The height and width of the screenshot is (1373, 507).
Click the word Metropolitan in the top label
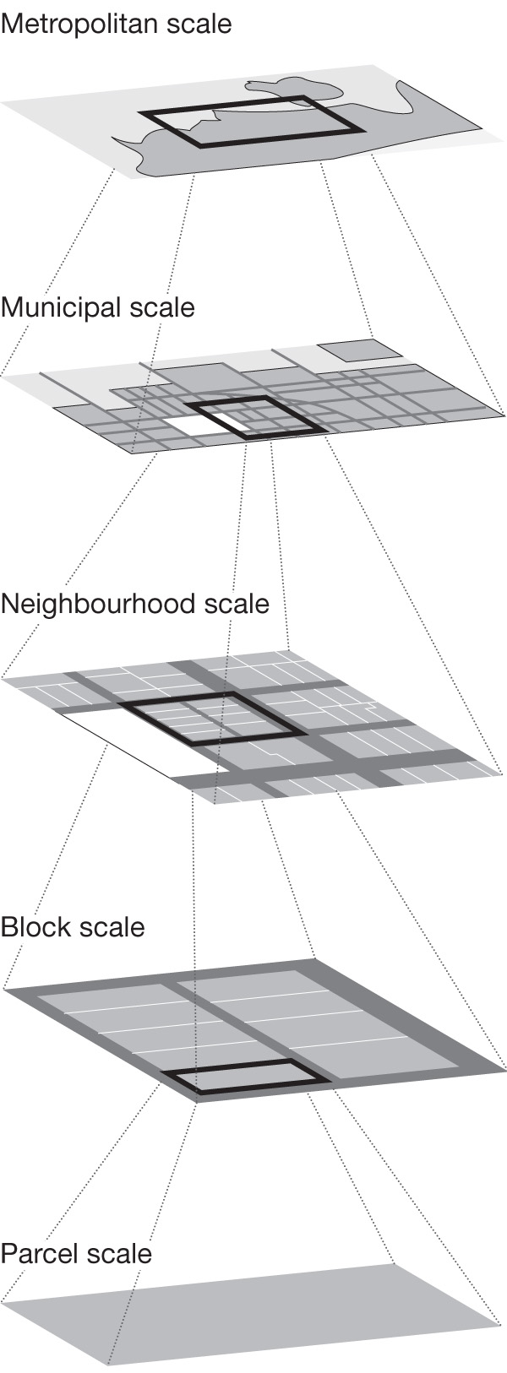pyautogui.click(x=76, y=23)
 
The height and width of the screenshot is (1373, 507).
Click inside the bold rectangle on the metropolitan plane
pyautogui.click(x=253, y=122)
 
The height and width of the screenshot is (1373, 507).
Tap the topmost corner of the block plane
pyautogui.click(x=315, y=959)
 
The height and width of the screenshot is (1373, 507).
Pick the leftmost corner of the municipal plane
pyautogui.click(x=3, y=377)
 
